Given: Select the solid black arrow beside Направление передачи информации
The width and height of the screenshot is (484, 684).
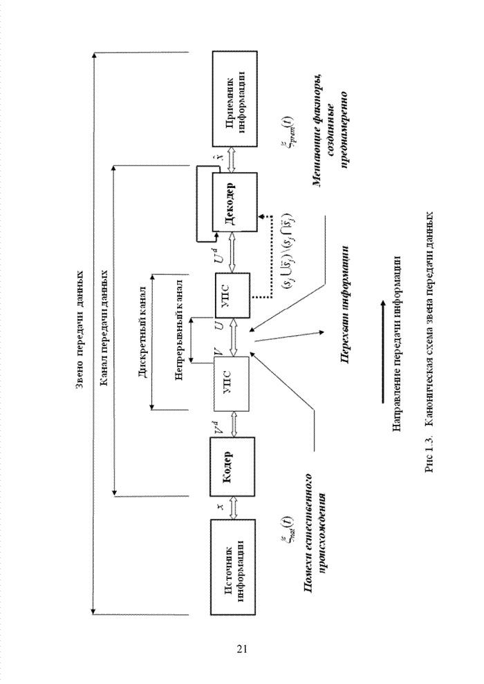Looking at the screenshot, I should [x=380, y=352].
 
